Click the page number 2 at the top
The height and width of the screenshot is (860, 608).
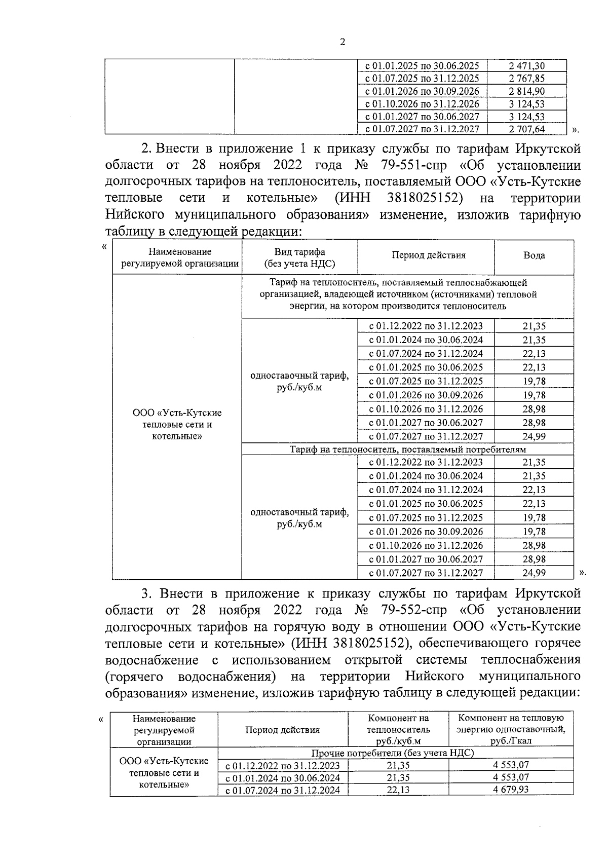point(342,42)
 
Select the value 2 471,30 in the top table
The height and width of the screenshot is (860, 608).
point(526,66)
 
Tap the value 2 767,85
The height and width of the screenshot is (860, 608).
point(526,79)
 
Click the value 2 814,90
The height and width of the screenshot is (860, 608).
point(526,91)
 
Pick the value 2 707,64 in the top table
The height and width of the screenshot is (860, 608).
point(526,129)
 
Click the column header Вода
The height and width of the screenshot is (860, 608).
point(534,256)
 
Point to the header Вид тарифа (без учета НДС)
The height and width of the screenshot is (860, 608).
point(299,257)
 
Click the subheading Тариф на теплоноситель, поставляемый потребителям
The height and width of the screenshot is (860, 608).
point(407,450)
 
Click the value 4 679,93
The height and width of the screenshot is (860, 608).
point(511,790)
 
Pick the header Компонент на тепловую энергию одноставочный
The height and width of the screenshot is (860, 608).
point(511,729)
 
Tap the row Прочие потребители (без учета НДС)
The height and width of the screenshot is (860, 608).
point(392,753)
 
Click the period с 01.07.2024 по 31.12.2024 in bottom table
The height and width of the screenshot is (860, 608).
point(283,790)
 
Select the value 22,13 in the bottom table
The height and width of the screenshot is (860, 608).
point(398,790)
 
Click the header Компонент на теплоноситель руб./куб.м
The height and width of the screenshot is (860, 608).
point(398,729)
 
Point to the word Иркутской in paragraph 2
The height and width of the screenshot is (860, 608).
point(548,149)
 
